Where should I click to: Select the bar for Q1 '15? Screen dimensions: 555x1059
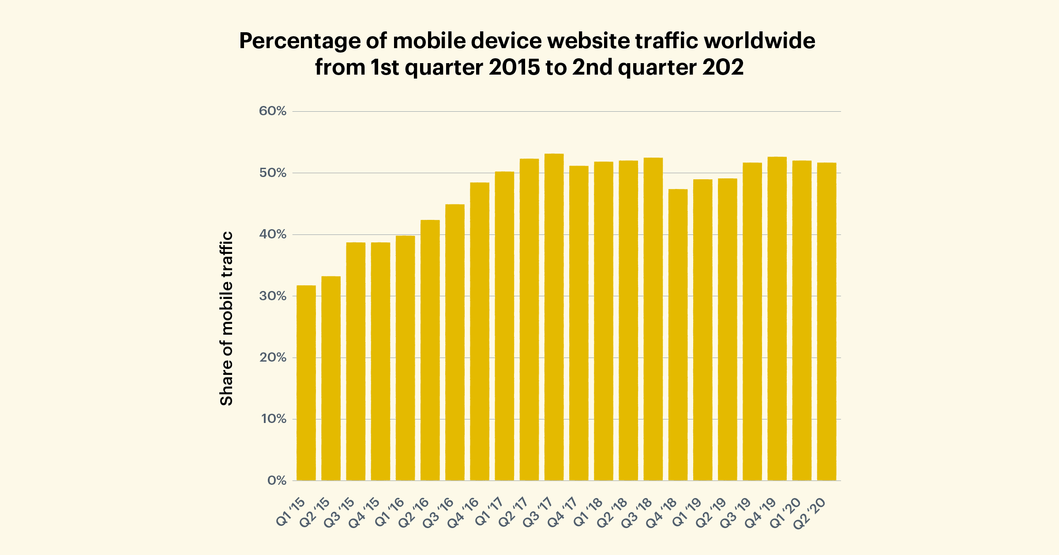pyautogui.click(x=306, y=383)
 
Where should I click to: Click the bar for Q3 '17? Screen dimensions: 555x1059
pyautogui.click(x=554, y=317)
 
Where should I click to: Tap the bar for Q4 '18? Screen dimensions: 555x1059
pyautogui.click(x=678, y=335)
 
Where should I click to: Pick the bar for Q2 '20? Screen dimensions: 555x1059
pyautogui.click(x=826, y=321)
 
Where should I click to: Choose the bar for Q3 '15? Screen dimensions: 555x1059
pyautogui.click(x=356, y=361)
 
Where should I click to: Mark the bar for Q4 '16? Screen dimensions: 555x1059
pyautogui.click(x=480, y=331)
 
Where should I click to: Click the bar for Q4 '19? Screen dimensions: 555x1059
pyautogui.click(x=777, y=318)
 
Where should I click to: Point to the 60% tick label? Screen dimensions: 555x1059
pyautogui.click(x=273, y=111)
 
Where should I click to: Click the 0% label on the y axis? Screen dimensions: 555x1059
pyautogui.click(x=277, y=481)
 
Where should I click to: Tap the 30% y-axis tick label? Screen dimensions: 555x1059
pyautogui.click(x=273, y=296)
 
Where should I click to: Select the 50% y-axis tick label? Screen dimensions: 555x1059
pyautogui.click(x=273, y=173)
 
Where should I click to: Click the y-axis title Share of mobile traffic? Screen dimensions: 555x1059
pyautogui.click(x=226, y=318)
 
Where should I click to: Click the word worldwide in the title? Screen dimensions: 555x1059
pyautogui.click(x=759, y=41)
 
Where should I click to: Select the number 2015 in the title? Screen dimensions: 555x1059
pyautogui.click(x=514, y=68)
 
